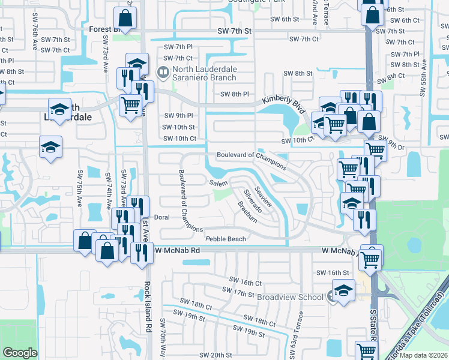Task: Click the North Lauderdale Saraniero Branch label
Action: (x=203, y=73)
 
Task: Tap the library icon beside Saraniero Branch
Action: (x=163, y=73)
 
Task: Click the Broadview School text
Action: (x=291, y=297)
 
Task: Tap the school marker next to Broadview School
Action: (x=343, y=293)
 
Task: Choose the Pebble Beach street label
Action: (x=226, y=239)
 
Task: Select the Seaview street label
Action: (x=264, y=197)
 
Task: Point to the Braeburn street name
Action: (x=247, y=212)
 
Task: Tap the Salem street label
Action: (x=217, y=182)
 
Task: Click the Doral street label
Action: (x=162, y=217)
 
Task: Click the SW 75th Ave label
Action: (x=79, y=188)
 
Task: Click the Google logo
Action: (x=20, y=353)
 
